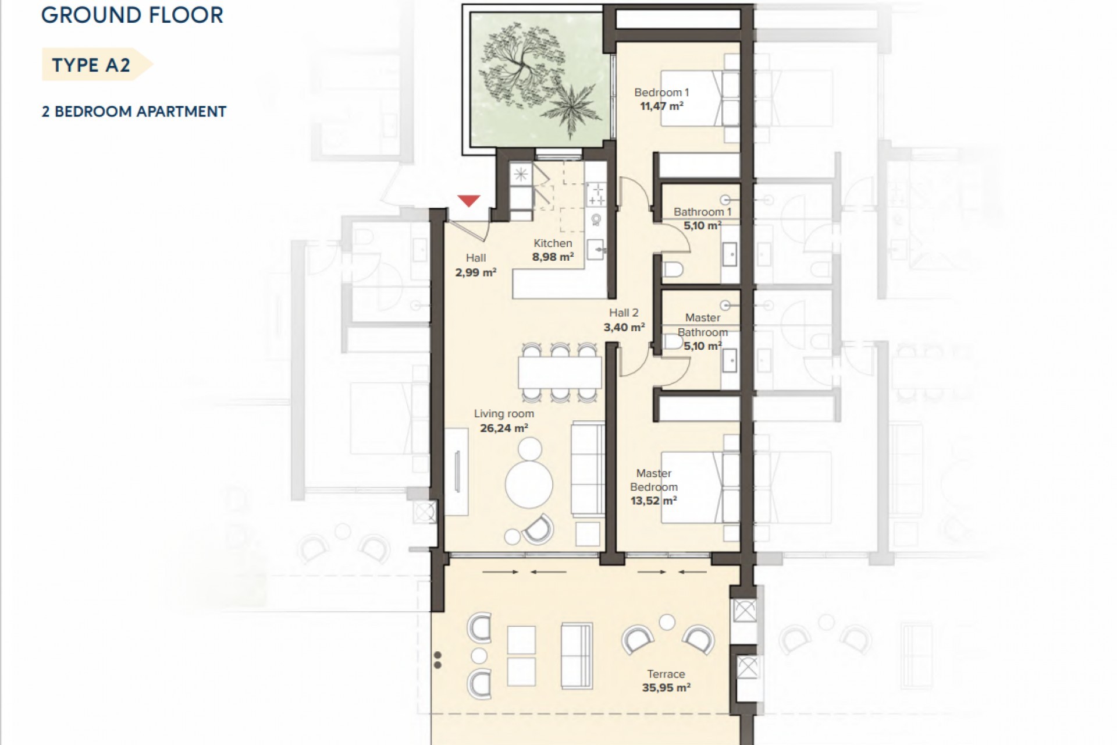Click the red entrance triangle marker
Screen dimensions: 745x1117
tap(468, 201)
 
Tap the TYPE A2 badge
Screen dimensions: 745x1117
tap(92, 65)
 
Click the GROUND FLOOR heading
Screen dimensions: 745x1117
tap(132, 15)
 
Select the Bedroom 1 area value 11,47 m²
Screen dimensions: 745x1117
tap(661, 106)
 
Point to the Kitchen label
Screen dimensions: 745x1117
tap(553, 243)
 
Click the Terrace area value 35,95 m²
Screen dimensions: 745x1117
tap(666, 687)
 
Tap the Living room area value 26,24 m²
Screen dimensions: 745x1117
tap(504, 428)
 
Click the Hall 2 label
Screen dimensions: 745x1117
tap(624, 313)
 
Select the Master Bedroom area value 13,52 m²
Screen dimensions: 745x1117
tap(653, 501)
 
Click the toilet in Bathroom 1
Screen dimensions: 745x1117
tap(674, 270)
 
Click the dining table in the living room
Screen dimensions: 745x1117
tap(560, 372)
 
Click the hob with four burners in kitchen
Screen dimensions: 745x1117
tap(596, 194)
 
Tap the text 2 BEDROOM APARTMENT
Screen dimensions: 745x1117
tap(134, 111)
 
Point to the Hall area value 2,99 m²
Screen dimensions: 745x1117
tap(475, 272)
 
